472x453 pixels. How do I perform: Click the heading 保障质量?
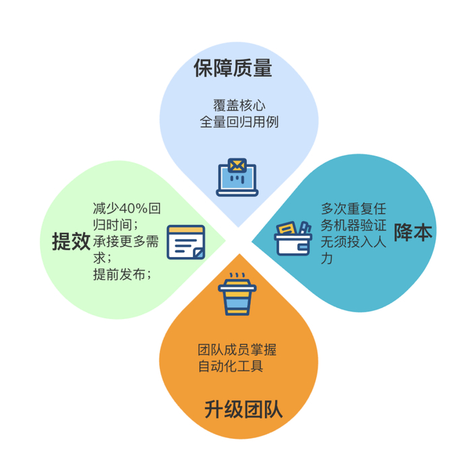(232, 69)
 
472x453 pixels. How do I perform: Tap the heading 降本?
(413, 232)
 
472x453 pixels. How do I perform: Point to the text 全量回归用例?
(239, 123)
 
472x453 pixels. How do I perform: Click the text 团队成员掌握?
(237, 350)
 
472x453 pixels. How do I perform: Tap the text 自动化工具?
(230, 367)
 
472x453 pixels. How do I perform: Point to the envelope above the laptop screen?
(237, 165)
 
